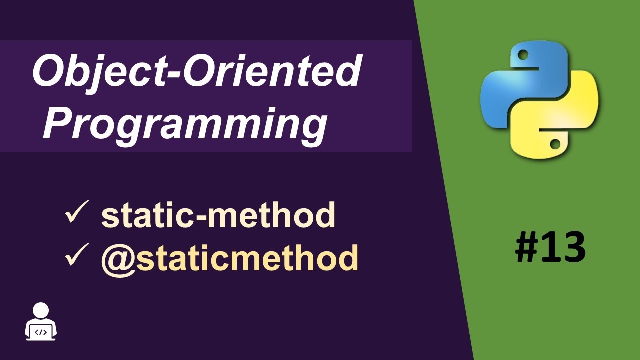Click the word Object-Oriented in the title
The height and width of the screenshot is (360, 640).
point(196,72)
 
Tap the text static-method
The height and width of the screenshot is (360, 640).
point(218,216)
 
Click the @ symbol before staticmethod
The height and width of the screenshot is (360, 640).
point(116,258)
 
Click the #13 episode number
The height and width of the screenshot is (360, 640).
point(550,247)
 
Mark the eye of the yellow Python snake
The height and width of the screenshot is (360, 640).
point(554,144)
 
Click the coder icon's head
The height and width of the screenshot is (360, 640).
point(41,311)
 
